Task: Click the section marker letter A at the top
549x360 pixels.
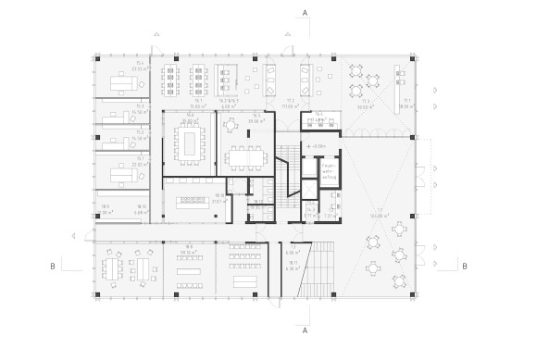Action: (x=305, y=13)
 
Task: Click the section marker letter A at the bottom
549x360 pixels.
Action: (x=305, y=329)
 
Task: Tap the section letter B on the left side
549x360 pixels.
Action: (x=54, y=266)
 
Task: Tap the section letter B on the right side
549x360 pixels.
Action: (x=464, y=266)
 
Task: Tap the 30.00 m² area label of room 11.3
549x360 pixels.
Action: (x=365, y=106)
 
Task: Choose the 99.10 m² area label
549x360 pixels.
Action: (x=190, y=252)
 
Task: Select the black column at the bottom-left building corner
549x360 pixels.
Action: (x=97, y=294)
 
